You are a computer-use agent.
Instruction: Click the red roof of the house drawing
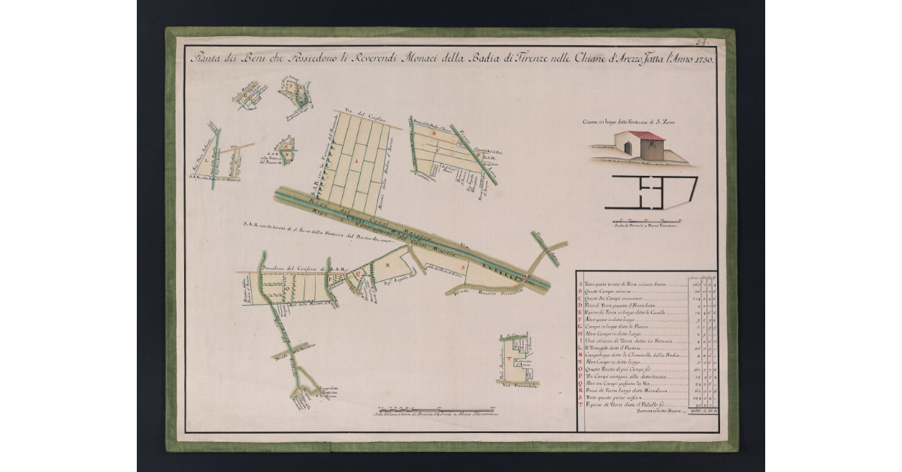(645, 136)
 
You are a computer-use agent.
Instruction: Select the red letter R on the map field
(387, 265)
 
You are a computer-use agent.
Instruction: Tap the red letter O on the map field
(286, 287)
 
